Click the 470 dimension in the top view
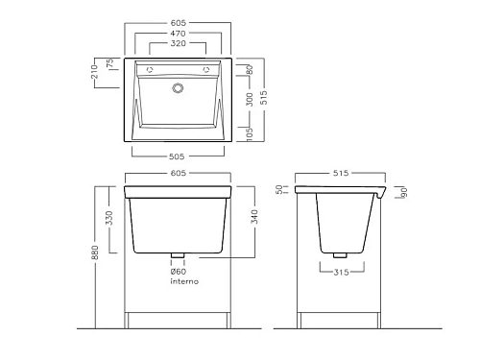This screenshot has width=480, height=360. (x=178, y=32)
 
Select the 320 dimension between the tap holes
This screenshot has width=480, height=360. (x=178, y=43)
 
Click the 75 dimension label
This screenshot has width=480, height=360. (x=111, y=63)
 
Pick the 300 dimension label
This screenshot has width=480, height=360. (x=249, y=98)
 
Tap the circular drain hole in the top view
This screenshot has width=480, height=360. (x=178, y=88)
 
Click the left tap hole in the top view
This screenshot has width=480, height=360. (x=149, y=70)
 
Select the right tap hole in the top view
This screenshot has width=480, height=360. (x=206, y=70)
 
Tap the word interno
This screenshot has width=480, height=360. (x=183, y=284)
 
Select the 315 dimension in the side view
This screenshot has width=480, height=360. (x=336, y=272)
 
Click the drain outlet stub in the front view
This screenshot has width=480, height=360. (x=178, y=256)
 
